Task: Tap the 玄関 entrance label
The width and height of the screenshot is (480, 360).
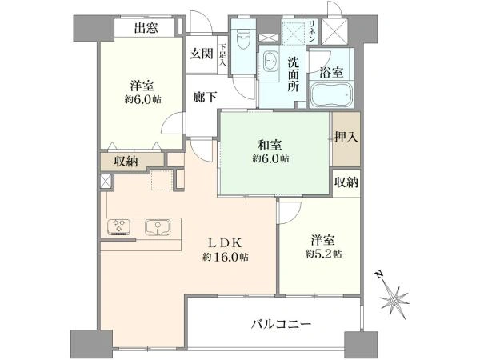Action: coord(200,54)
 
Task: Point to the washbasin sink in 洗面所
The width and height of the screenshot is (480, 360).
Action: coord(270,62)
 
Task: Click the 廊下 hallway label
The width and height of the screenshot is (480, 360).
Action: coord(206,98)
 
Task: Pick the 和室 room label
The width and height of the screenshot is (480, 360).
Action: coord(269,145)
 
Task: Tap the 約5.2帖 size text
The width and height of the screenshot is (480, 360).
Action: coord(323,254)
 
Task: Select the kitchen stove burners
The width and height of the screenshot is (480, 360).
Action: coord(119,227)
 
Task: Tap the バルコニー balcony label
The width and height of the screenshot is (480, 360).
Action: coord(281,324)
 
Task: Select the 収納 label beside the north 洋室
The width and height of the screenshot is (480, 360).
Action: coord(126,161)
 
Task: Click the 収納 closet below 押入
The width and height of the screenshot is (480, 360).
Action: coord(346,182)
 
